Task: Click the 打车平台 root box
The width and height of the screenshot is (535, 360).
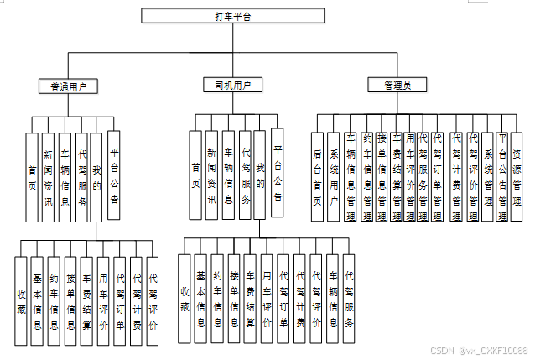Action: [x=232, y=15]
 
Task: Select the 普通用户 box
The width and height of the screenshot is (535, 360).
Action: [x=69, y=86]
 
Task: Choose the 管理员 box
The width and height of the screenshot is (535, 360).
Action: [x=397, y=86]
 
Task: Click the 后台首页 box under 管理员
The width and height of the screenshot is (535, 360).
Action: [x=317, y=176]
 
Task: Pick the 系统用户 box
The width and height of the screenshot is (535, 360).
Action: [x=334, y=176]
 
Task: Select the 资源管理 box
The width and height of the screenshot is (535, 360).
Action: [x=517, y=176]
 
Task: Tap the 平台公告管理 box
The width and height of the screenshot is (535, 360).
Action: [x=501, y=176]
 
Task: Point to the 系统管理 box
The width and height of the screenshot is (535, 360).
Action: [x=487, y=176]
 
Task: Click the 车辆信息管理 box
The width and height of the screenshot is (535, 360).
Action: [x=352, y=176]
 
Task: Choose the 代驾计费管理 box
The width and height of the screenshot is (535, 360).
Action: [x=457, y=176]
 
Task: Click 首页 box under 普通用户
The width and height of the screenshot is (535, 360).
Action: [x=31, y=176]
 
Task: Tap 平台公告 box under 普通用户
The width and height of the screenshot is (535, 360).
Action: [x=113, y=176]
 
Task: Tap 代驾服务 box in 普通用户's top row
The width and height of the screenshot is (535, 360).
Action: [x=81, y=176]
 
